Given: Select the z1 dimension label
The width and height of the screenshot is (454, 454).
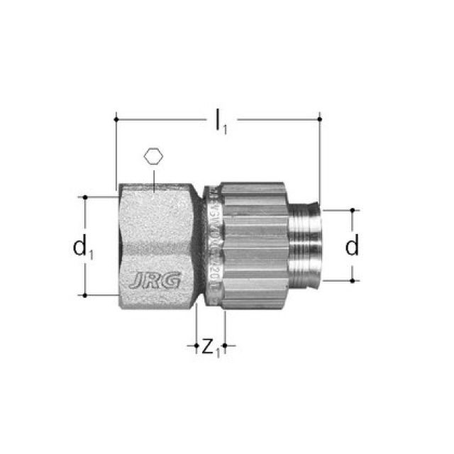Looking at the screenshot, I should pyautogui.click(x=210, y=348).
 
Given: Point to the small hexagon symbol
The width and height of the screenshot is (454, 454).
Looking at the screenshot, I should pyautogui.click(x=153, y=156).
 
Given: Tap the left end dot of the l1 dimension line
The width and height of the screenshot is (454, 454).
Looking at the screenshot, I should pyautogui.click(x=116, y=118).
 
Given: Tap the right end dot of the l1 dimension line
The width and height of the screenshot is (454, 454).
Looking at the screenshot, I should pyautogui.click(x=320, y=118).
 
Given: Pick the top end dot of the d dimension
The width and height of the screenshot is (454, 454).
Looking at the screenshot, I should pyautogui.click(x=353, y=211).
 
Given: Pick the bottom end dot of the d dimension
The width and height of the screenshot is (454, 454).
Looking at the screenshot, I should pyautogui.click(x=353, y=280).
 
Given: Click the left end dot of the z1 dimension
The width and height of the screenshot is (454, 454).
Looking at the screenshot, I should pyautogui.click(x=196, y=347).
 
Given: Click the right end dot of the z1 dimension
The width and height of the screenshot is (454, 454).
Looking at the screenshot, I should pyautogui.click(x=225, y=347).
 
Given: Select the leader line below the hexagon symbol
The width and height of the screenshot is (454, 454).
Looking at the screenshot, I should pyautogui.click(x=153, y=177).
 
